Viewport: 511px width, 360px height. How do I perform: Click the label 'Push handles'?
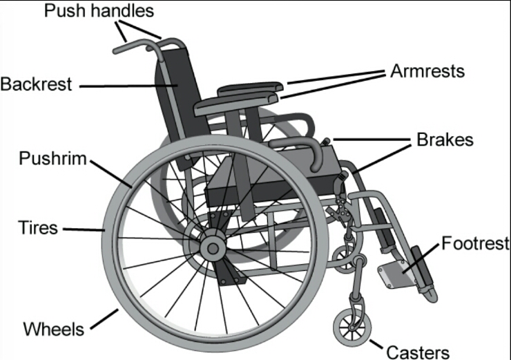coord(99,11)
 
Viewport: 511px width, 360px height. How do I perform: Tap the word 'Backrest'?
coord(35,84)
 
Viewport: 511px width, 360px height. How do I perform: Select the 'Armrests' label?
coord(427,70)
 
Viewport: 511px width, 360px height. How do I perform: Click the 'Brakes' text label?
coord(445,140)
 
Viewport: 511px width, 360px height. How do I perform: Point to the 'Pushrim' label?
coord(53,159)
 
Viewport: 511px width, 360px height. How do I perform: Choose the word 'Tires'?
coord(38,227)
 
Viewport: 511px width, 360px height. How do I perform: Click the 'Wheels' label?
coord(54,328)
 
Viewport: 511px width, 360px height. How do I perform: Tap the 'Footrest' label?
coord(475,243)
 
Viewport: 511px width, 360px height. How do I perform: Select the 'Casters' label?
coord(417,352)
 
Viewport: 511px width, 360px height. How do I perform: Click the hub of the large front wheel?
coord(212,247)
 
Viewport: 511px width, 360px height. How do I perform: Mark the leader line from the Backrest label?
coord(124,86)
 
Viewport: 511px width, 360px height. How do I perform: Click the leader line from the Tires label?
coord(83,229)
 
